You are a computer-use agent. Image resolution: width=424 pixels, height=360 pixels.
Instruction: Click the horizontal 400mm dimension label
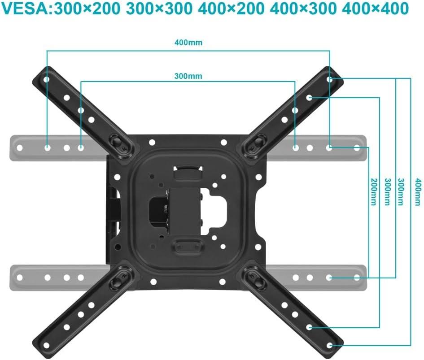188,43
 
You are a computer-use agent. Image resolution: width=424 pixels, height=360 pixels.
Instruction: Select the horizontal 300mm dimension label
188,76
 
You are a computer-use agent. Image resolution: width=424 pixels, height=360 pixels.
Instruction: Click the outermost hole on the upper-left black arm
46,79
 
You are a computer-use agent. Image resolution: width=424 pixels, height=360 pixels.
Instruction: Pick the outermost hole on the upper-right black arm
330,79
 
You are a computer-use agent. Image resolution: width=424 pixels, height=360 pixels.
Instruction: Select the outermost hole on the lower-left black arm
46,345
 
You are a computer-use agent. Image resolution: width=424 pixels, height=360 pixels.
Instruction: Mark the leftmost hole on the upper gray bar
19,147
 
